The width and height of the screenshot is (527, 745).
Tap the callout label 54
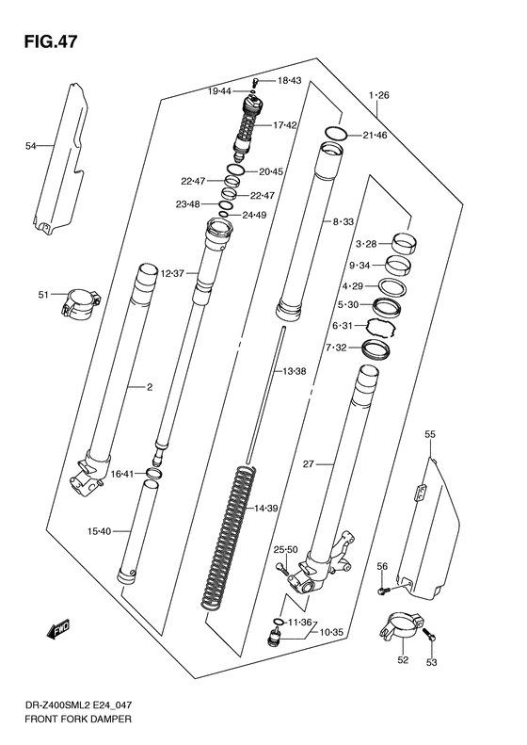tap(30, 146)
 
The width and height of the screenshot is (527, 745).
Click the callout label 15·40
tap(99, 531)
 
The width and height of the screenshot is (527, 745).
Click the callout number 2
tap(149, 386)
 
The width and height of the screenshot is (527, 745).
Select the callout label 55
tap(429, 434)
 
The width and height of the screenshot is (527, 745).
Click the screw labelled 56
tap(383, 591)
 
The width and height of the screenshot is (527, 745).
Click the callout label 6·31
tap(343, 326)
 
